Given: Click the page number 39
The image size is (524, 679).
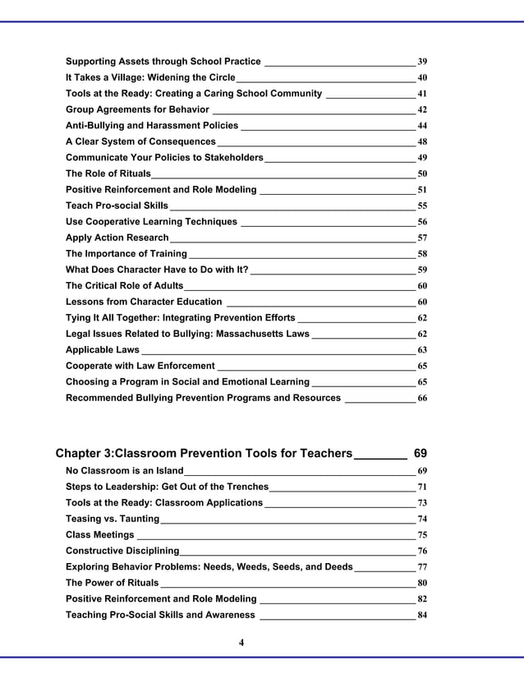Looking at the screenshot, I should click(x=422, y=62).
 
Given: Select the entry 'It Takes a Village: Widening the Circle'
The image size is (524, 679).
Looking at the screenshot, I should click(x=150, y=77).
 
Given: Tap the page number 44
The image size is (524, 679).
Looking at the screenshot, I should click(x=422, y=126).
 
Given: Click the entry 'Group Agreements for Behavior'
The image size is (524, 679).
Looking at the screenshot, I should click(x=137, y=109).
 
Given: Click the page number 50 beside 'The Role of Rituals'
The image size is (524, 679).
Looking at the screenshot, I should click(x=422, y=174).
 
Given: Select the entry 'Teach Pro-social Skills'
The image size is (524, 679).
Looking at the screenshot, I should click(x=117, y=206).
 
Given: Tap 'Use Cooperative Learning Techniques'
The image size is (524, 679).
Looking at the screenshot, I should click(x=151, y=222).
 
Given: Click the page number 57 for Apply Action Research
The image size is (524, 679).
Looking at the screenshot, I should click(x=422, y=238).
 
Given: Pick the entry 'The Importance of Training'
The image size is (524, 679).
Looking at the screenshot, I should click(x=126, y=254).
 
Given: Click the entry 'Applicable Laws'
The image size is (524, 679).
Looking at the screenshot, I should click(x=103, y=350).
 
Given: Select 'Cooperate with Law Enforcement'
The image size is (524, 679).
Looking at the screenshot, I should click(x=140, y=366).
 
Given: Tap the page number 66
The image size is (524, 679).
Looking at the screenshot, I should click(x=422, y=398).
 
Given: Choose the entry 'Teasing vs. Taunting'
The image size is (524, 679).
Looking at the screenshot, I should click(x=113, y=519).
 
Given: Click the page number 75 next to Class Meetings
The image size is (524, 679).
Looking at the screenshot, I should click(x=422, y=535).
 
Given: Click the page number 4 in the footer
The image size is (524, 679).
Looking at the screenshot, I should click(x=241, y=642).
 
